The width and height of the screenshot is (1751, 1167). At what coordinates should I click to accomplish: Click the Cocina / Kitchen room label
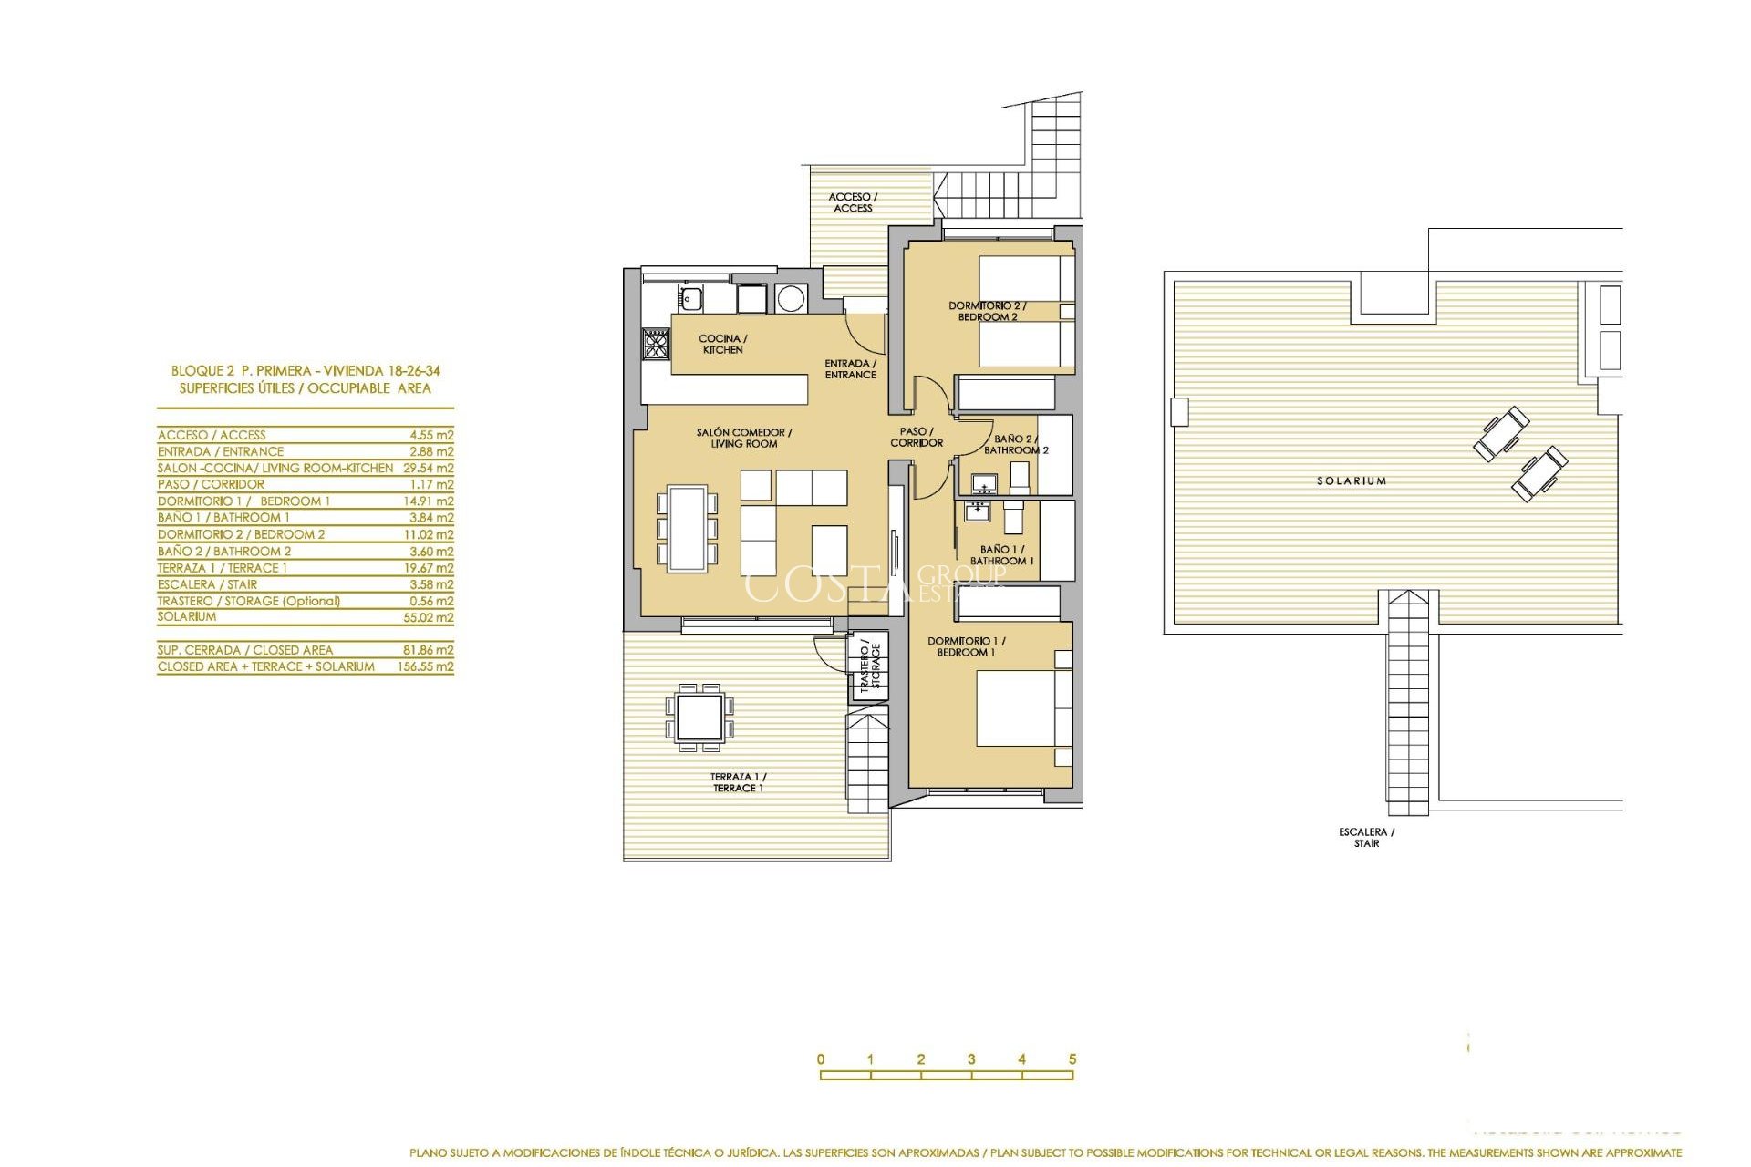tap(722, 344)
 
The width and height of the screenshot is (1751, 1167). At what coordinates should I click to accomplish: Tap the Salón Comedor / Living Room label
tap(743, 438)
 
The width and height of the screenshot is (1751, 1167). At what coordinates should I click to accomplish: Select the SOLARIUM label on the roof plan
tap(1351, 480)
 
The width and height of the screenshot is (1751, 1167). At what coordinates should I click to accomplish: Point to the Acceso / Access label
tap(852, 202)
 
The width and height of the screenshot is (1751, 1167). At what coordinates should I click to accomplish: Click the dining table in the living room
tap(687, 528)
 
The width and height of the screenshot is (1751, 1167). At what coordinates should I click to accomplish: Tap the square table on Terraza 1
tap(699, 718)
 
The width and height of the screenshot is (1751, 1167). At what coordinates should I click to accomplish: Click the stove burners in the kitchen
tap(655, 343)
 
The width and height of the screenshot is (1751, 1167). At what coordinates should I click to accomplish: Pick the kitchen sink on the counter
tap(689, 297)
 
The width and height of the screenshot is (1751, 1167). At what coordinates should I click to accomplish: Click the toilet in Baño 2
tap(1020, 477)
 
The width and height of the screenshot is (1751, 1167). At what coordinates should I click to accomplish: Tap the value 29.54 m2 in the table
tap(428, 468)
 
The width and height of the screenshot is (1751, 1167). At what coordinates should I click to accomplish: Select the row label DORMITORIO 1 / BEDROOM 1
tap(243, 501)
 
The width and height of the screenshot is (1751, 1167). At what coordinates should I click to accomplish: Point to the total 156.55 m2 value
tap(425, 666)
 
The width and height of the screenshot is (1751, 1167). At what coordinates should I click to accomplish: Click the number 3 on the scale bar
tap(971, 1059)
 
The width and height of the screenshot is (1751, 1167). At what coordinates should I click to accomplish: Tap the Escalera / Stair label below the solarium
tap(1366, 837)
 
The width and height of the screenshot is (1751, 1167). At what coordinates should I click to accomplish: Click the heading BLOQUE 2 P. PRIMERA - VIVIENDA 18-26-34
tap(306, 371)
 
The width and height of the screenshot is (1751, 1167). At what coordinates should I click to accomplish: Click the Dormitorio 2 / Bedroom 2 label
tap(987, 311)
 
